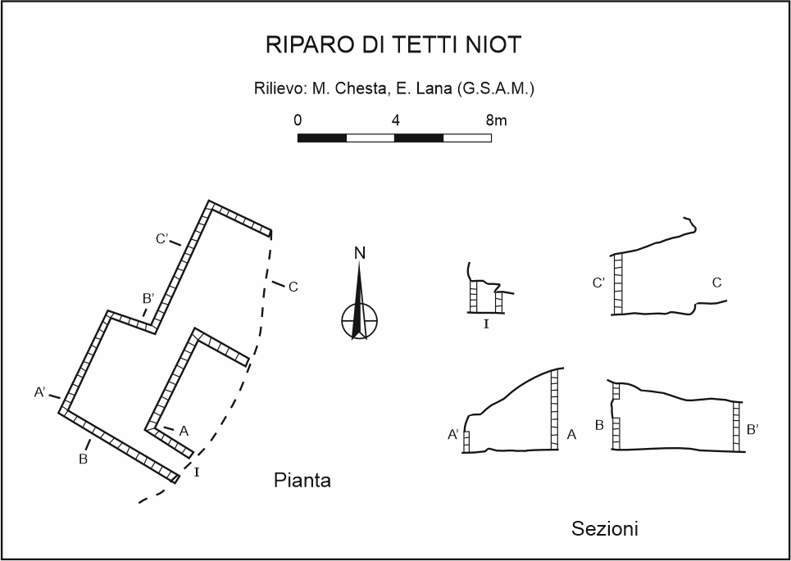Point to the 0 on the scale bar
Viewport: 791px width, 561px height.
click(x=298, y=120)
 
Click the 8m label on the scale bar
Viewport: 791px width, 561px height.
click(x=496, y=120)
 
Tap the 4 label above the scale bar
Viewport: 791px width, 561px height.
click(x=396, y=120)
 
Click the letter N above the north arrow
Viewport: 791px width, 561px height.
click(x=359, y=253)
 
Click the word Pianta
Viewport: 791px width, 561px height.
click(x=302, y=481)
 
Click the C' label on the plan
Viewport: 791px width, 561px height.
click(x=162, y=239)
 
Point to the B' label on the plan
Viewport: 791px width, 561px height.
click(x=148, y=299)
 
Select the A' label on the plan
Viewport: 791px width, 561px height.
click(x=40, y=393)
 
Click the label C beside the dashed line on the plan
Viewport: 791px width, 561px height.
click(x=293, y=287)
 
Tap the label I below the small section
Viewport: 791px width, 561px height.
click(x=486, y=324)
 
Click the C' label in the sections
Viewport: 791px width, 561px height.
click(x=599, y=283)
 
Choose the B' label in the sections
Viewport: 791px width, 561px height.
click(x=752, y=428)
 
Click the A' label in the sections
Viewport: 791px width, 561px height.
click(x=453, y=436)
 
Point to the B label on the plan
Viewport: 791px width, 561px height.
click(x=83, y=459)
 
